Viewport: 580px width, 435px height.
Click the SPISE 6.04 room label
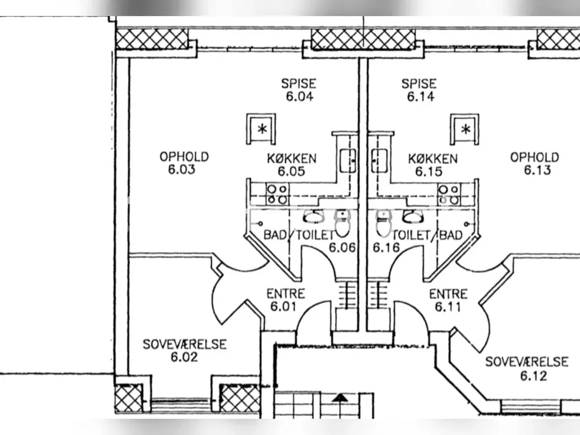coord(299,90)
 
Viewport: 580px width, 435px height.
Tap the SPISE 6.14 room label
coord(420,90)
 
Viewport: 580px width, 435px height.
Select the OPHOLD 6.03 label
coord(184,163)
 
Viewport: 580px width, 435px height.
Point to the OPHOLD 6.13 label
coord(535,164)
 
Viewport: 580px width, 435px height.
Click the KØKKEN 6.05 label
coord(291,165)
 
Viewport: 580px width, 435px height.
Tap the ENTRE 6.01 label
coord(285,300)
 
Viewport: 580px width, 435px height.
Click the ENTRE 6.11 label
coord(448,300)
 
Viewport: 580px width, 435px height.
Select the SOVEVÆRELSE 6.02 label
coord(184,351)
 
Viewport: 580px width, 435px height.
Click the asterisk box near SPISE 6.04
coord(261,129)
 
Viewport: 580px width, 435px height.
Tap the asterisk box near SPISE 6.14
coord(465,129)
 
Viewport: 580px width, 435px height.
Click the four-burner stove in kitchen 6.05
coord(277,194)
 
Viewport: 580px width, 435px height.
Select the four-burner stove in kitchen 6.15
coord(449,194)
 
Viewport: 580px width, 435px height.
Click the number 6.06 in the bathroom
coord(342,247)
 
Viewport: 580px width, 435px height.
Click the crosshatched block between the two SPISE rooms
coord(362,39)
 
